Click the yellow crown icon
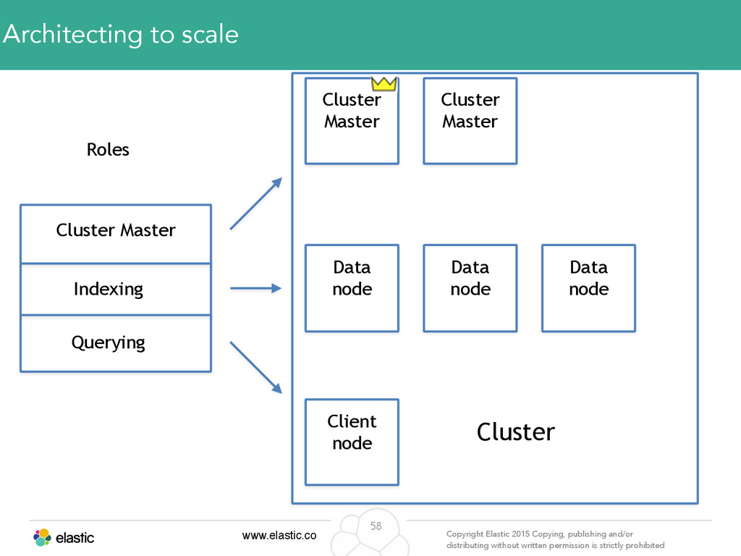coord(384,84)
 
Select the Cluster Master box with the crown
coord(352,121)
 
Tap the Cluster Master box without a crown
coord(470,121)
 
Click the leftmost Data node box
coord(352,288)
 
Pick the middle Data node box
coord(470,288)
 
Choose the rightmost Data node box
coord(588,288)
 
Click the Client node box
coord(352,442)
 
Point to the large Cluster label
coord(515,431)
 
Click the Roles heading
coord(108,149)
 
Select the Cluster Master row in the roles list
coord(116,234)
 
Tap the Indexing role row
coord(116,290)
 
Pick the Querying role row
coord(116,344)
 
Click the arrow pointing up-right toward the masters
coord(256,203)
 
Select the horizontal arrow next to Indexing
coord(255,288)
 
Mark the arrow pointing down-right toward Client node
coord(256,367)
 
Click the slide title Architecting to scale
coord(121,35)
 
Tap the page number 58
coord(376,526)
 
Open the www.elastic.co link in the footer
coord(279,535)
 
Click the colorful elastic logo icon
coord(42,538)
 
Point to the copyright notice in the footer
coord(555,539)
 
